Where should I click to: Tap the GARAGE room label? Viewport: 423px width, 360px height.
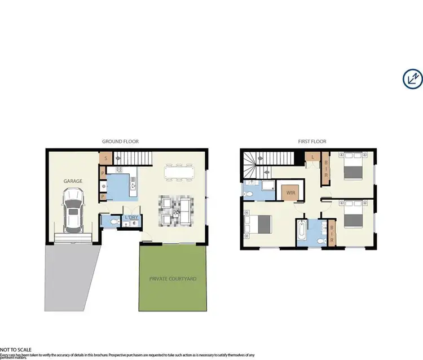click(73, 181)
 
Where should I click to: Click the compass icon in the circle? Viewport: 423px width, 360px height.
click(413, 78)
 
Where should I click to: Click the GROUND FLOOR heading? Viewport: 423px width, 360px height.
click(120, 142)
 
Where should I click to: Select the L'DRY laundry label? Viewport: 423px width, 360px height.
click(131, 218)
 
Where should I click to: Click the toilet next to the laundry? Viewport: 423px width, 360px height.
click(114, 222)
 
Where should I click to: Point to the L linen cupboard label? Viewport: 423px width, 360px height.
click(312, 157)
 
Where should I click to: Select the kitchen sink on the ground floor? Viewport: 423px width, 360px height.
click(133, 182)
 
